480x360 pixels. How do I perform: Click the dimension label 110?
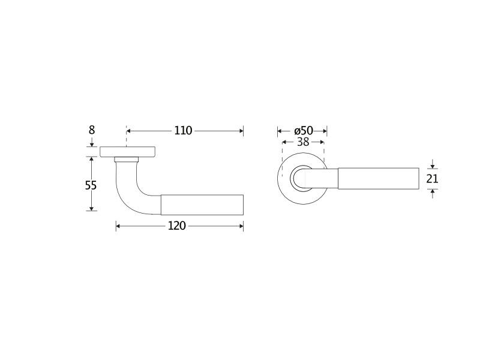pyautogui.click(x=183, y=131)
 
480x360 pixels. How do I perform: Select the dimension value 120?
pyautogui.click(x=176, y=226)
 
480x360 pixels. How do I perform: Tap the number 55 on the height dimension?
pyautogui.click(x=91, y=185)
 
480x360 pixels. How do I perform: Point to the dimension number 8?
pyautogui.click(x=92, y=130)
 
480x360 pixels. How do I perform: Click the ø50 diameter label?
pyautogui.click(x=304, y=131)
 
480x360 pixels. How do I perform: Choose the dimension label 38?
pyautogui.click(x=303, y=142)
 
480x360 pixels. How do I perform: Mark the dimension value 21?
pyautogui.click(x=432, y=178)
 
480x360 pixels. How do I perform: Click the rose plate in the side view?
pyautogui.click(x=128, y=152)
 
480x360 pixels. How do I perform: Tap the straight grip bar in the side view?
pyautogui.click(x=202, y=205)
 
